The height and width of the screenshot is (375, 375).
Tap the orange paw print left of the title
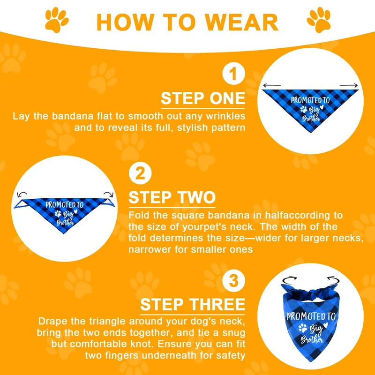coord(56,20)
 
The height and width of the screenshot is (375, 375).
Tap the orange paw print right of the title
coord(319,20)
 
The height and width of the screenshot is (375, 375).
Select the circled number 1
coord(233,74)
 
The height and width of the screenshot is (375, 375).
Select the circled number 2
coord(140,173)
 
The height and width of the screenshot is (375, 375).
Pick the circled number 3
coord(233,280)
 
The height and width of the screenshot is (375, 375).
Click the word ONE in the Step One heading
coord(227,98)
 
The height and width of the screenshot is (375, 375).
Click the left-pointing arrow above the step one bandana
coord(272,85)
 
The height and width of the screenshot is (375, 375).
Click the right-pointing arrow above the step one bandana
coord(349,85)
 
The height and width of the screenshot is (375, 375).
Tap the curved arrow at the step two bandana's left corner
coord(22,194)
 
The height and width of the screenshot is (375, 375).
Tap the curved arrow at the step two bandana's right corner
coord(108,194)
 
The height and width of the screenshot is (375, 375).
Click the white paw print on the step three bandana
coord(302,328)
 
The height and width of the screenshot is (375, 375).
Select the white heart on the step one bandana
coord(322,107)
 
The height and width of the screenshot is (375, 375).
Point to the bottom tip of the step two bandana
coord(63,233)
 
